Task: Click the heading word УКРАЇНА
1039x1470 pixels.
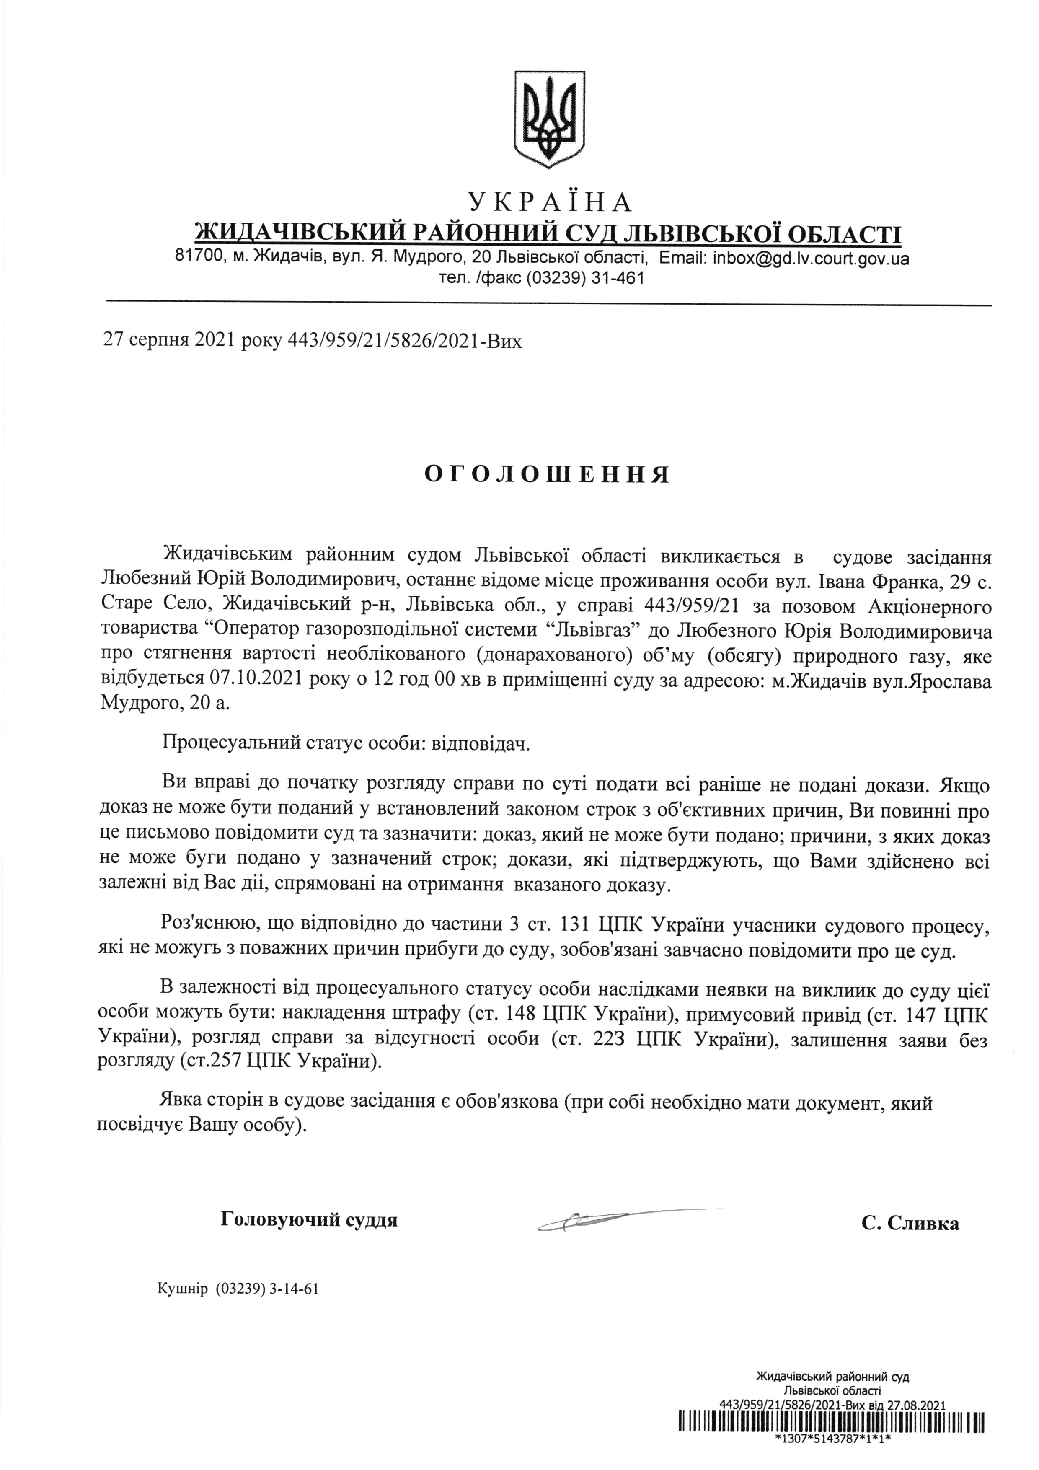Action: pyautogui.click(x=550, y=202)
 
